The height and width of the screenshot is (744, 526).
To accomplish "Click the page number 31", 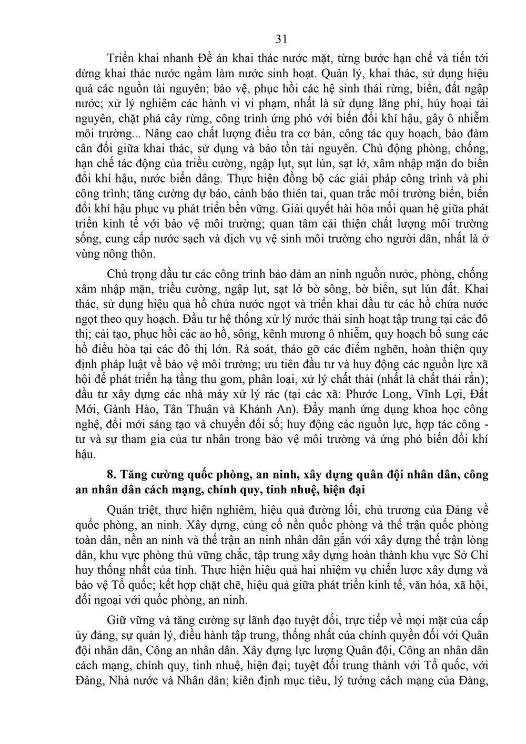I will click(x=280, y=38).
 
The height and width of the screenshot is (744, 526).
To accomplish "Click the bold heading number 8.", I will click(x=111, y=474).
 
